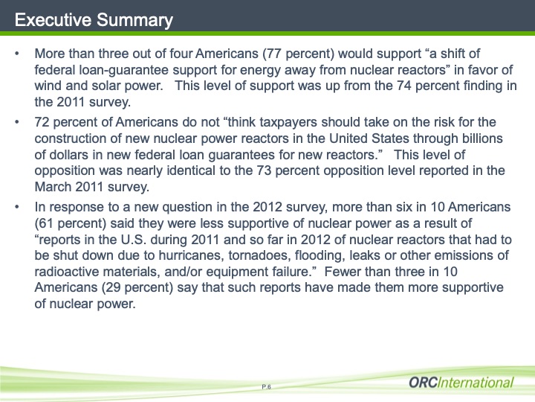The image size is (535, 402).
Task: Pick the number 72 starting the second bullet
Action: pyautogui.click(x=42, y=121)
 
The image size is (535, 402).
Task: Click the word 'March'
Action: pyautogui.click(x=53, y=187)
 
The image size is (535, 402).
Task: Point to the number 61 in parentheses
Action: pyautogui.click(x=47, y=223)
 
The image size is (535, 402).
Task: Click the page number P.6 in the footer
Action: pyautogui.click(x=267, y=386)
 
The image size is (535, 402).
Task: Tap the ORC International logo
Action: pyautogui.click(x=461, y=383)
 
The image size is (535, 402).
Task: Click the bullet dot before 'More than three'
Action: pyautogui.click(x=18, y=55)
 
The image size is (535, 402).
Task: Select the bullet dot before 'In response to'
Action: pyautogui.click(x=18, y=207)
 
